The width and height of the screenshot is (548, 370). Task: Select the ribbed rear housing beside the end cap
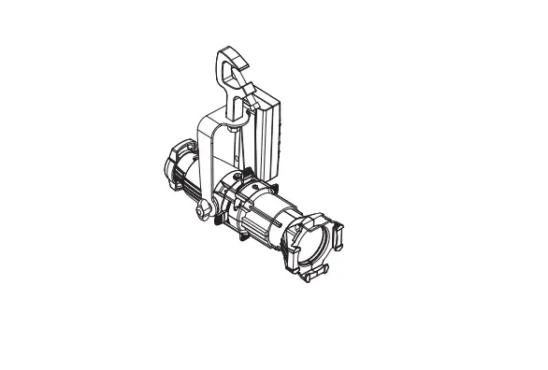click(x=192, y=182)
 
